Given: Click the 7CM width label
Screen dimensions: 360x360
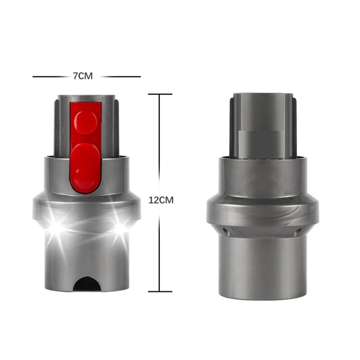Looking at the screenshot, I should click(x=82, y=76).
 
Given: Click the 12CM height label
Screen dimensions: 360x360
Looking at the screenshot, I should click(x=161, y=200).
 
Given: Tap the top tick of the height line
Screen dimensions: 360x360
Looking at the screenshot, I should click(x=159, y=95).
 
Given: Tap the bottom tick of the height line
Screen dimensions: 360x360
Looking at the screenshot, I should click(x=159, y=291).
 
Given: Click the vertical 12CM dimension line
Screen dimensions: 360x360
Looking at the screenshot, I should click(x=159, y=144).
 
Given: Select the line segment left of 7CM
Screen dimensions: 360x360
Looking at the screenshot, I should click(x=51, y=76).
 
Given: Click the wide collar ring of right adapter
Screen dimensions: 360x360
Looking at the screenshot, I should click(x=263, y=211).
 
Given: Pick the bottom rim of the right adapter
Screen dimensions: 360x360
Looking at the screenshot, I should click(x=263, y=297).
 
